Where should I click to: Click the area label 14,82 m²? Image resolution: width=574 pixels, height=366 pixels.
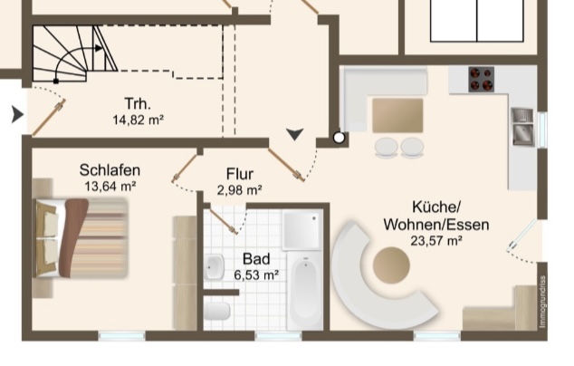138,120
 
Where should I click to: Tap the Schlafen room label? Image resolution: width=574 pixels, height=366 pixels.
110,170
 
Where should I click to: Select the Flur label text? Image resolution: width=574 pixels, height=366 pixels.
240,174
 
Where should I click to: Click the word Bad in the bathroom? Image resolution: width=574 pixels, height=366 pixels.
256,259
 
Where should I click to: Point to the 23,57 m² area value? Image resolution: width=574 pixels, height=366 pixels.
436,241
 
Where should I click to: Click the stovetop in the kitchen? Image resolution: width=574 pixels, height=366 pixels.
482,79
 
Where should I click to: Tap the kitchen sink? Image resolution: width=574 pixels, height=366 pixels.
522,127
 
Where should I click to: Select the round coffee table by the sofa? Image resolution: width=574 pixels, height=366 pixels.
391,265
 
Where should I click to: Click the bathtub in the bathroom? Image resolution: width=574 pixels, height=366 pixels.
305,290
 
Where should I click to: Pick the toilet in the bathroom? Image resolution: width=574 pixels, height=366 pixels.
216,311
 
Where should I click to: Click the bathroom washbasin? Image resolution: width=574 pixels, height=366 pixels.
215,267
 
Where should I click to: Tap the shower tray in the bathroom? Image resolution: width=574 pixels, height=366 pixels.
302,229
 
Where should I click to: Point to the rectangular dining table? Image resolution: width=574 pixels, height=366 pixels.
397,115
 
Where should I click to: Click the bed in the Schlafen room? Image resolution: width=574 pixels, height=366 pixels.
81,238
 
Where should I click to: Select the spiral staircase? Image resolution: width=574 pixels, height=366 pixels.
73,53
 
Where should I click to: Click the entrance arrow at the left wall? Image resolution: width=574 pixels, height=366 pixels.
17,114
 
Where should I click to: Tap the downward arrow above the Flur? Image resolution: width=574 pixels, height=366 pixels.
294,134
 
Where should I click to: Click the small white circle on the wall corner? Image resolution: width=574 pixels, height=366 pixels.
339,138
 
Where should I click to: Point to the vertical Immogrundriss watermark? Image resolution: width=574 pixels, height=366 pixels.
542,301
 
